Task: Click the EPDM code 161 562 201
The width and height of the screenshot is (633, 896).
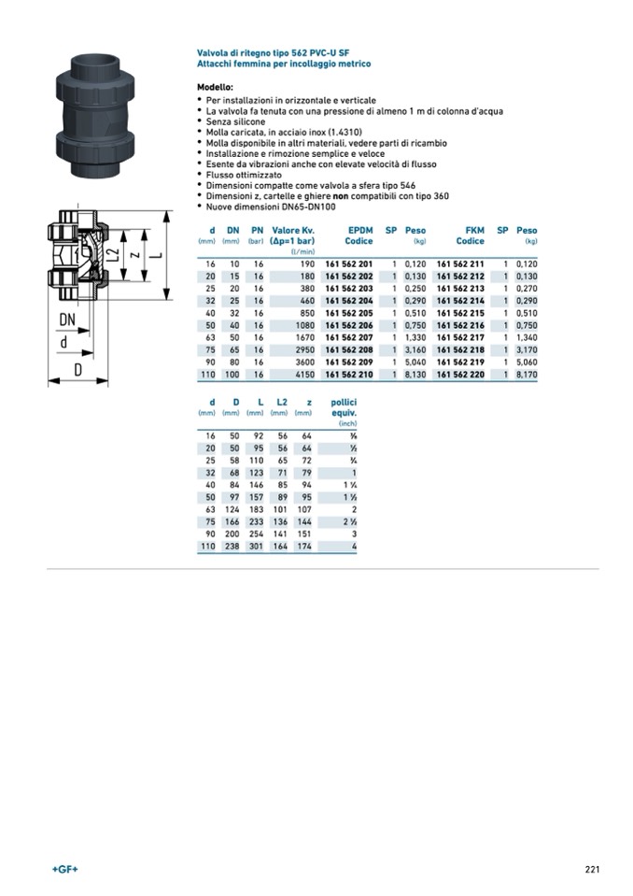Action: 348,264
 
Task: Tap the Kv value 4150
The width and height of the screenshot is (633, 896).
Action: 302,374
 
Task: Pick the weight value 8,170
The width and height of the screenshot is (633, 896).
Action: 527,374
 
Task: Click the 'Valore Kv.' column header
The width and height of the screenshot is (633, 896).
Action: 292,230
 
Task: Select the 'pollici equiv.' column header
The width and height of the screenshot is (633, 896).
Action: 344,407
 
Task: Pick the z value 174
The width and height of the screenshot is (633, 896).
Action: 302,546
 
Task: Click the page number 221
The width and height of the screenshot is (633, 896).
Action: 592,869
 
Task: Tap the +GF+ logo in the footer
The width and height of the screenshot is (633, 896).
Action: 64,869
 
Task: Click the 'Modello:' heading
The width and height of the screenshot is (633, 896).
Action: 215,87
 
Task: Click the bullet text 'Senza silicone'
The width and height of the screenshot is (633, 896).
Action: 235,121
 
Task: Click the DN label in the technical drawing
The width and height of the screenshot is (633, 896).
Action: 67,320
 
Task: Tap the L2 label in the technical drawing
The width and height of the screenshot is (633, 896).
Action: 113,254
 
